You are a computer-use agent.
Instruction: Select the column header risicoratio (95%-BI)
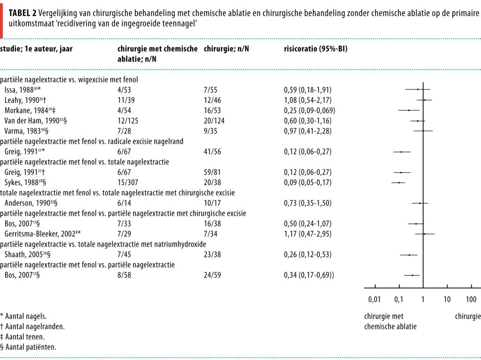[x=316, y=49]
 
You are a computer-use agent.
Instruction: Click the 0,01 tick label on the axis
[x=374, y=299]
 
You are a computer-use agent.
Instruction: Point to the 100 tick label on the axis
[x=471, y=299]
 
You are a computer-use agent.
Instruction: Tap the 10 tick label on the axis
[x=447, y=299]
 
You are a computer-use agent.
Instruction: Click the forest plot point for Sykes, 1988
[x=399, y=182]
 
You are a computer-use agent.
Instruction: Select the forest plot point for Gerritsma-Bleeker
[x=425, y=234]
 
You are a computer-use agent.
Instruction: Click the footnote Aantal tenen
[x=26, y=337]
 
